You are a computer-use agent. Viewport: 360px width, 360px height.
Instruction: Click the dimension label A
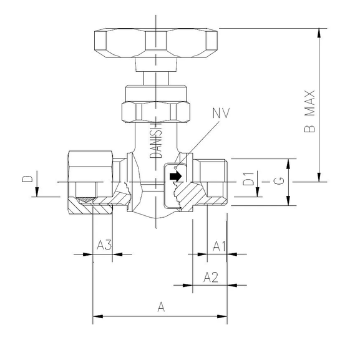click(161, 307)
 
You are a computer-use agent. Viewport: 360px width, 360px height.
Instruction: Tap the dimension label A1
click(218, 246)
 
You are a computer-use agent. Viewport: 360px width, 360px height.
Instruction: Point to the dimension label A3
click(104, 246)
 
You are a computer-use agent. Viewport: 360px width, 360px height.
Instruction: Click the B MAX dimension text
click(309, 112)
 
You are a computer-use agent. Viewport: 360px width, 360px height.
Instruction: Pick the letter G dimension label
click(281, 182)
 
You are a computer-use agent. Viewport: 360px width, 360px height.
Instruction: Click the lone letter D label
click(27, 179)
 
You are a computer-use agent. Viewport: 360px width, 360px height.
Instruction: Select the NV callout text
click(221, 114)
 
